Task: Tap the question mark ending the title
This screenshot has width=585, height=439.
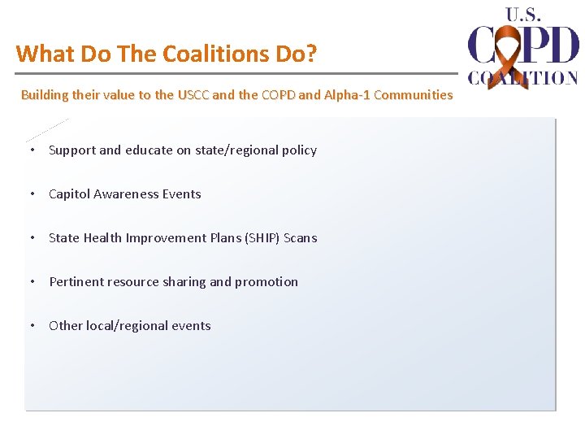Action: [x=312, y=54]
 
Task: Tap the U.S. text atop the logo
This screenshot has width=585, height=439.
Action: [x=523, y=14]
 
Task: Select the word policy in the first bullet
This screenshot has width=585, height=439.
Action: [x=298, y=150]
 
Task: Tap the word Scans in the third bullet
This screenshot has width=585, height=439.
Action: [x=301, y=238]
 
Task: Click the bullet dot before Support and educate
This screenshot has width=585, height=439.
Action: [x=31, y=150]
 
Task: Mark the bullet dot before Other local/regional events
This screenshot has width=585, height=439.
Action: [x=31, y=326]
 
